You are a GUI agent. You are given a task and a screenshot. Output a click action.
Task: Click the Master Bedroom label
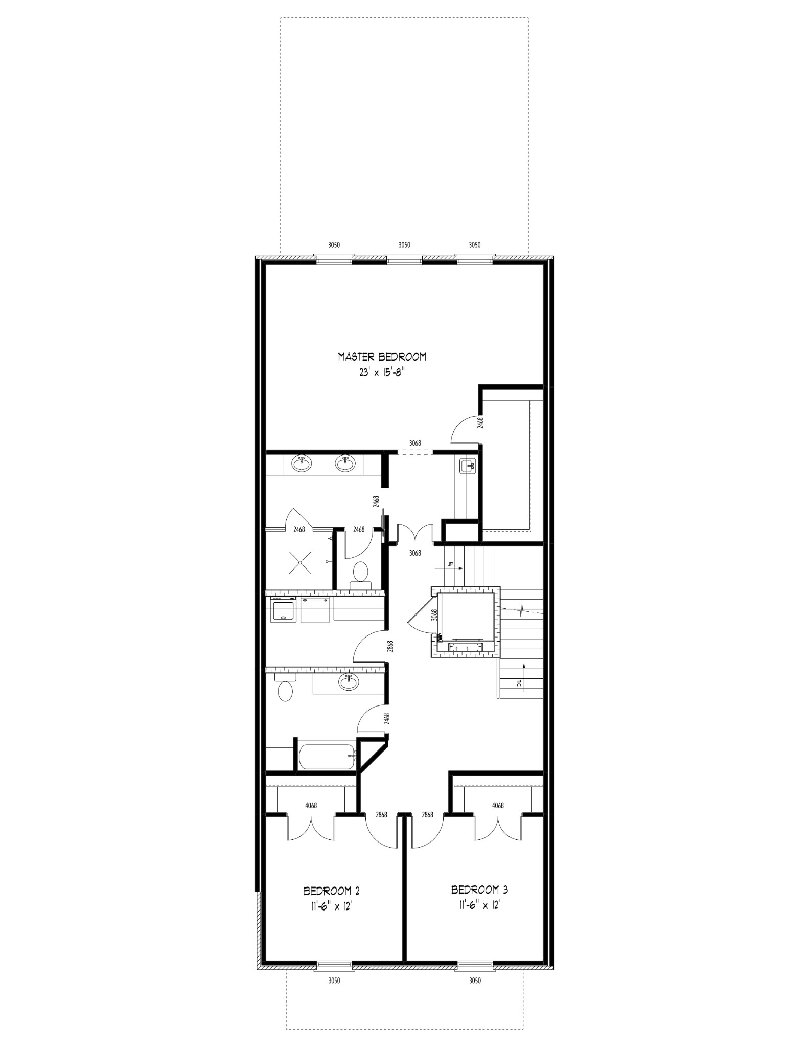[x=382, y=357]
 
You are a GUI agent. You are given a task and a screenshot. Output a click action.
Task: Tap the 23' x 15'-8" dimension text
[x=382, y=373]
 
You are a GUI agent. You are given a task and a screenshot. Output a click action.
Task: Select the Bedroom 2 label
[x=331, y=891]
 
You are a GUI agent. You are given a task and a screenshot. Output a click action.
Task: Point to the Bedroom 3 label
[x=479, y=890]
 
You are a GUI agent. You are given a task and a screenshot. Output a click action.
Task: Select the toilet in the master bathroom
[x=361, y=573]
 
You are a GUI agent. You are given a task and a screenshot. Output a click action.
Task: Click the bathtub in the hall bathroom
[x=327, y=758]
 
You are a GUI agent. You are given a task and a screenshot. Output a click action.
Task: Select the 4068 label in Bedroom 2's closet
[x=311, y=820]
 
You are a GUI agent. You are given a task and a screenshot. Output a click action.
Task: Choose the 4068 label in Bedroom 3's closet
[x=498, y=820]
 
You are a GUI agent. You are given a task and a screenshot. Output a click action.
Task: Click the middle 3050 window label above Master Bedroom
[x=404, y=245]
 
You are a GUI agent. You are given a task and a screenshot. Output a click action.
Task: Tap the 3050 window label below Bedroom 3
[x=475, y=981]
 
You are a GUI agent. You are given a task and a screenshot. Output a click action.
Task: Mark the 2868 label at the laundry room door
[x=390, y=647]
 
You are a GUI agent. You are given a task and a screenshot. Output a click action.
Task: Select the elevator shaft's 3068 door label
[x=434, y=614]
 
